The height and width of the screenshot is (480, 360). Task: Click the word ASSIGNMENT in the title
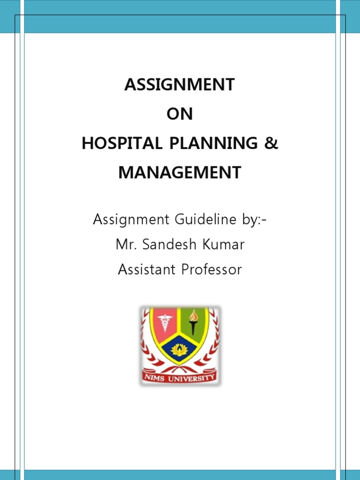(x=180, y=85)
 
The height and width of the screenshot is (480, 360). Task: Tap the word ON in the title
(x=180, y=114)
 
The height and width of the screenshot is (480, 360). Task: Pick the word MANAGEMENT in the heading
(x=180, y=172)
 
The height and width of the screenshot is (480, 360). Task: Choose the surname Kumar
(x=221, y=244)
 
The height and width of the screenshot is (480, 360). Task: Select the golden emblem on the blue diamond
(x=180, y=349)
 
